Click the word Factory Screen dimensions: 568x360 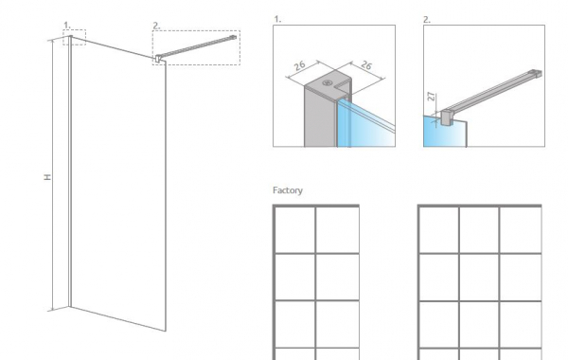click(288, 190)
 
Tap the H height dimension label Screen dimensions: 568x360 click(47, 177)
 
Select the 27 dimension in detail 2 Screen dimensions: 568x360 click(431, 96)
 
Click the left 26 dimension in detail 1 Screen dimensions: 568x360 click(299, 66)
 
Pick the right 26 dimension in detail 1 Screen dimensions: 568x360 click(366, 65)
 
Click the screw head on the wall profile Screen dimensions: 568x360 click(328, 82)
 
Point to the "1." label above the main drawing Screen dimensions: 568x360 click(67, 25)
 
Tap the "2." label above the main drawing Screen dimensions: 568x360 click(156, 26)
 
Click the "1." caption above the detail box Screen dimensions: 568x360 click(277, 19)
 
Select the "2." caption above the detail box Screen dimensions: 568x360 click(427, 20)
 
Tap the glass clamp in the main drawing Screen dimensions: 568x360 click(158, 59)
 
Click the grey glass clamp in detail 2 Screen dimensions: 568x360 click(446, 117)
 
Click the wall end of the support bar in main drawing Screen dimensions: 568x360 click(233, 37)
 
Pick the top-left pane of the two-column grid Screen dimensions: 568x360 click(295, 229)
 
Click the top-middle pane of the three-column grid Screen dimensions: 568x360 click(479, 229)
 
